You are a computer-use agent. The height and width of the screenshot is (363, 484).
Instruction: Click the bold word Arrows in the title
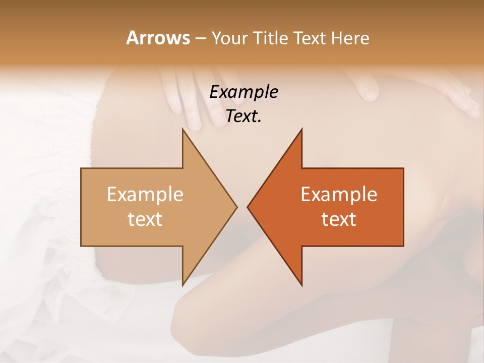pos(158,38)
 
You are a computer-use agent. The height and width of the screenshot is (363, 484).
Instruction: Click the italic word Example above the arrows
pos(244,92)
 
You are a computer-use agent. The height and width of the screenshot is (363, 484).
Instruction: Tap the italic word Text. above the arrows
pos(244,116)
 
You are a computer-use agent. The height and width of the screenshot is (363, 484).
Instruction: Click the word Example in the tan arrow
pos(145,195)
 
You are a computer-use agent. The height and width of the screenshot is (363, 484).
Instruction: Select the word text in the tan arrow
pos(145,219)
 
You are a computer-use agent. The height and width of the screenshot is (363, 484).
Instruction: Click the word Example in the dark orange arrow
pos(339,195)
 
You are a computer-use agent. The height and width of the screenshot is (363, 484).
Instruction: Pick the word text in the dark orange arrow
pos(339,219)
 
